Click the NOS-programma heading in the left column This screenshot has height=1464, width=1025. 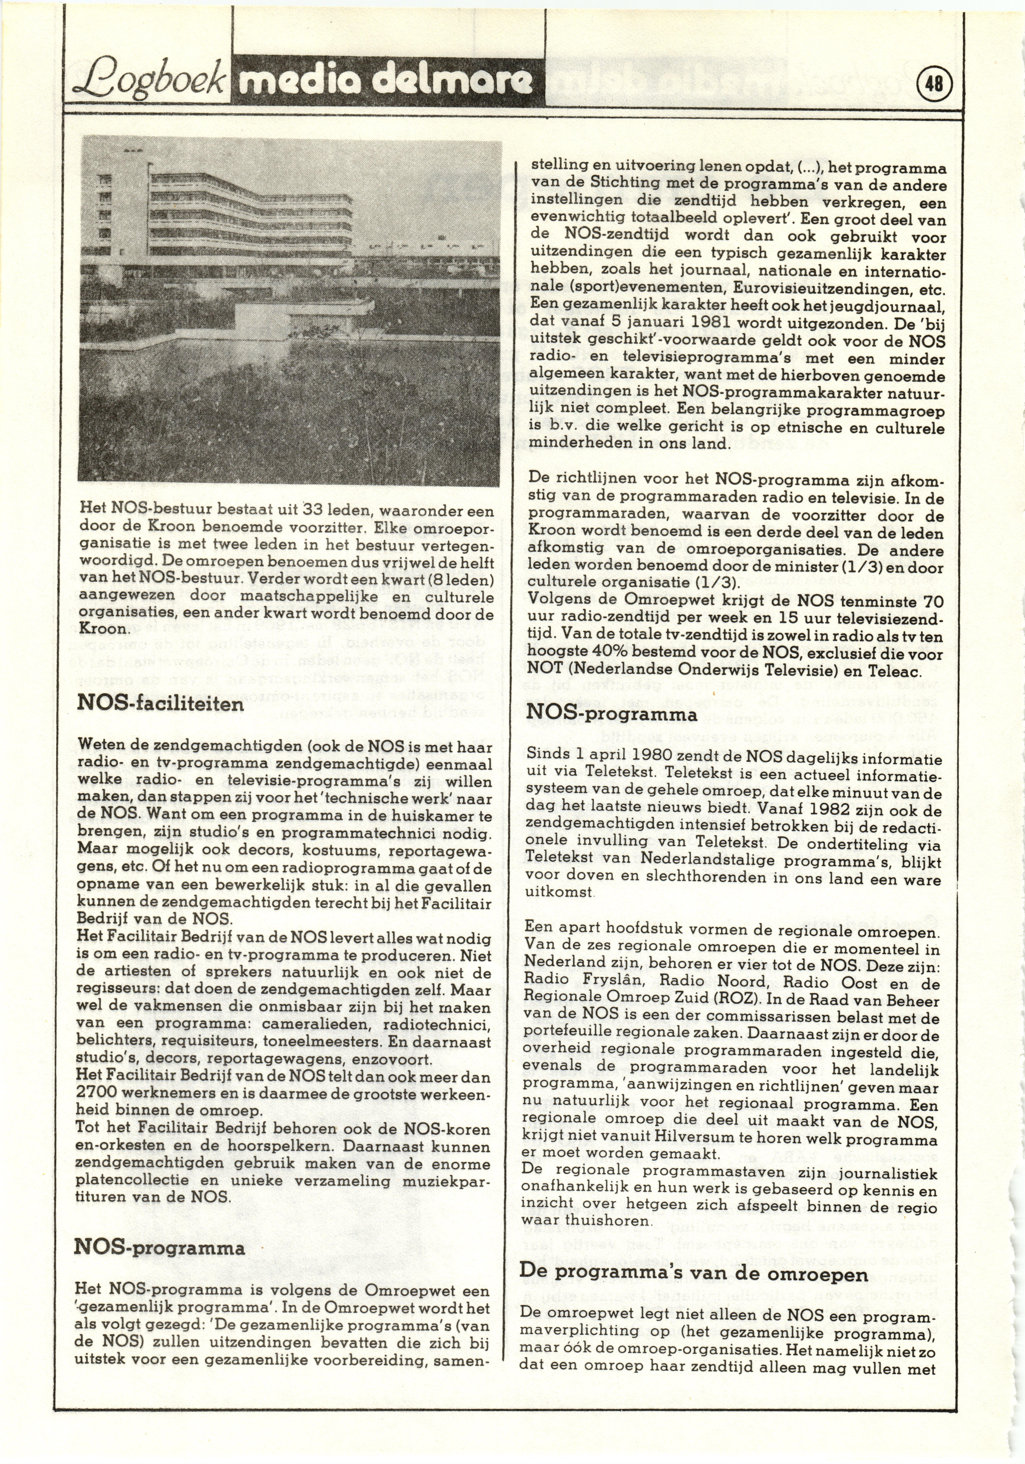click(x=159, y=1247)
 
